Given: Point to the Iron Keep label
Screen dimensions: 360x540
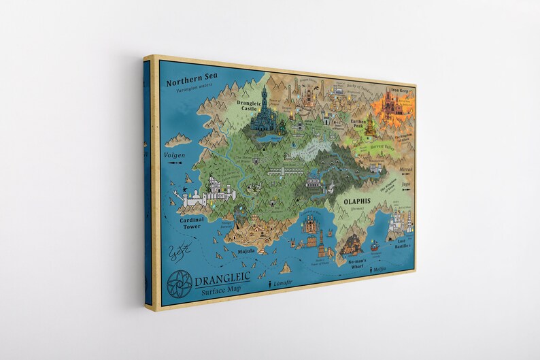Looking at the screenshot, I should click(399, 89).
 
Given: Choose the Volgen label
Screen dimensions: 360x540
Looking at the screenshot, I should click(175, 155).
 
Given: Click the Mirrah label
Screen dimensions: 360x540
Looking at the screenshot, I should click(406, 169).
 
